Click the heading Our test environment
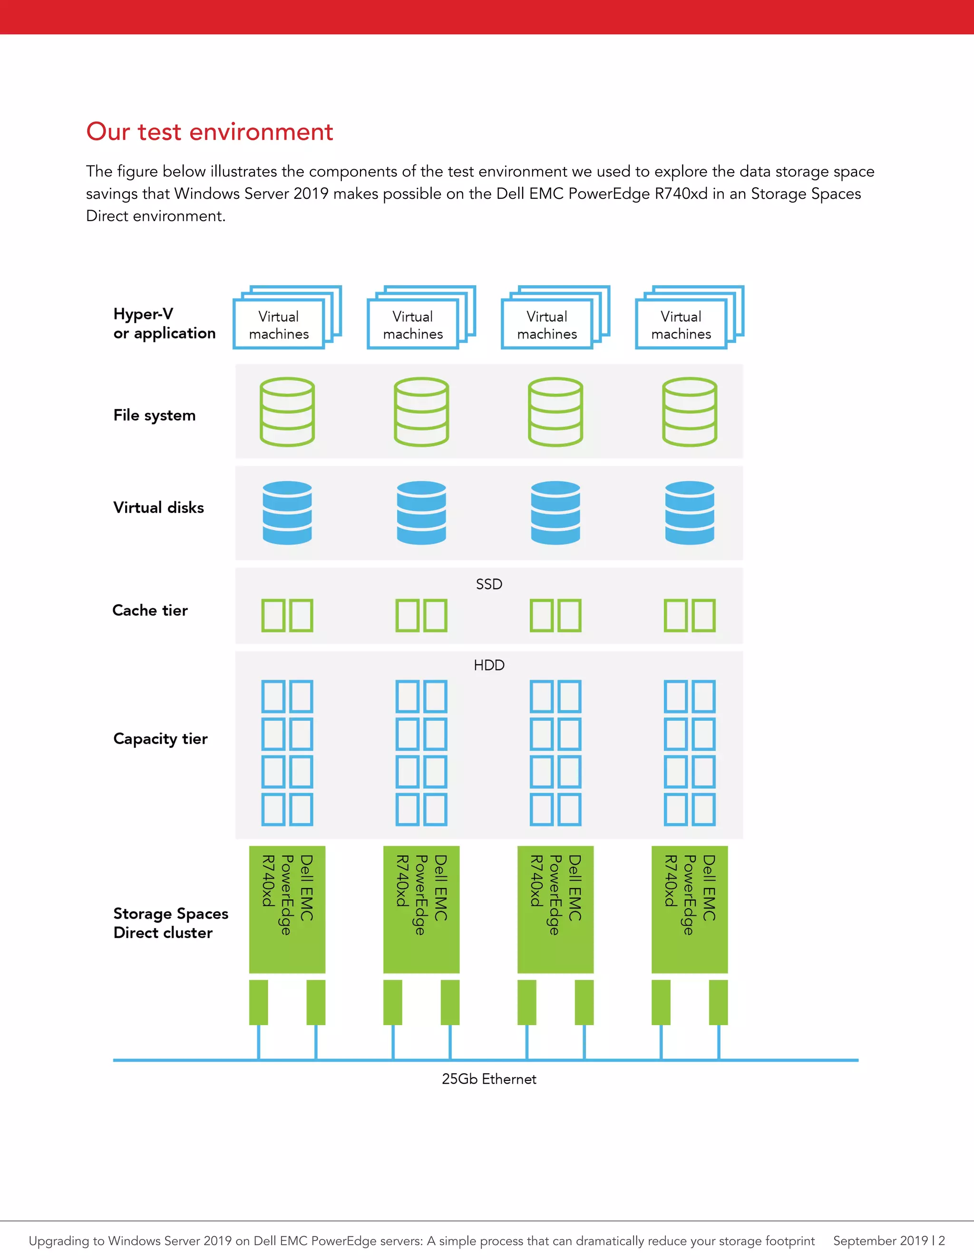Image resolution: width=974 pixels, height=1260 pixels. [209, 132]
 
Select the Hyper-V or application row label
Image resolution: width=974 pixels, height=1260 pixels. [164, 324]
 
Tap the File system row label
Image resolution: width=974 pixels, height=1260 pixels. [154, 416]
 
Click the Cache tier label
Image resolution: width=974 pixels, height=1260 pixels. [150, 611]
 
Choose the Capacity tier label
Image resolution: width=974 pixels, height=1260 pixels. [160, 739]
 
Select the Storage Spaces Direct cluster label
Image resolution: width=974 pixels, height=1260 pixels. [170, 923]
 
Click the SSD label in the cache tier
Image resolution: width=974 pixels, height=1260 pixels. [489, 584]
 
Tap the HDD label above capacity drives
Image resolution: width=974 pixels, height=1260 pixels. [489, 665]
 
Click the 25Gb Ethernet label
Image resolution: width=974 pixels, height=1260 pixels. [489, 1079]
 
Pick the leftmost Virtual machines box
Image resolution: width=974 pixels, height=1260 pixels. [279, 325]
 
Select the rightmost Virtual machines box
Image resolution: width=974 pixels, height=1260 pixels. [681, 325]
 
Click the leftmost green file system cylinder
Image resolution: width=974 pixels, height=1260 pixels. [287, 412]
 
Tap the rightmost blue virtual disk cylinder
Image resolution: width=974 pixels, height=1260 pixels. [690, 513]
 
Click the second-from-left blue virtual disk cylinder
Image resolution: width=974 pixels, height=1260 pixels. [421, 513]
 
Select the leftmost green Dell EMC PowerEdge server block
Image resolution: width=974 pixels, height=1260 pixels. [287, 909]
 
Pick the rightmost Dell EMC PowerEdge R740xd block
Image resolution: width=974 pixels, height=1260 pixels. [690, 909]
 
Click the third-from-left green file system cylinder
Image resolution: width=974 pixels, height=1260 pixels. [555, 412]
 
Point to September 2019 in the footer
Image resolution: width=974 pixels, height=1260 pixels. [880, 1241]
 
